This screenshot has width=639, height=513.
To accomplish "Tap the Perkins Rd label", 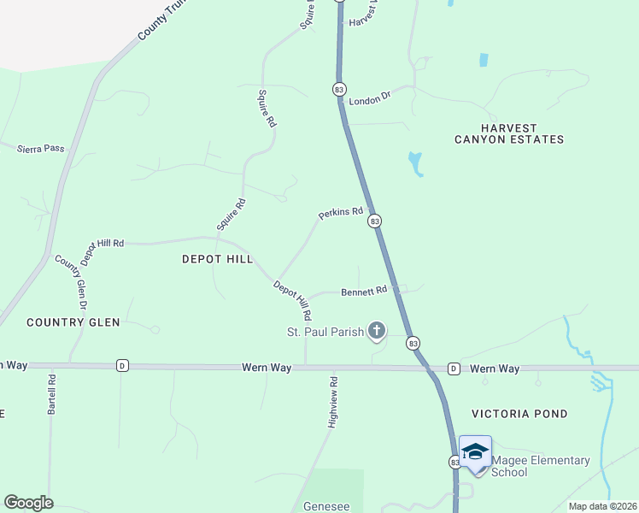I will [x=341, y=213].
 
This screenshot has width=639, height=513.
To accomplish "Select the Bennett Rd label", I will [x=364, y=291].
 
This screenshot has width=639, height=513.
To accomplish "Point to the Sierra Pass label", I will [x=41, y=148].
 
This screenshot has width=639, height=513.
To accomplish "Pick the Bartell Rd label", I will [x=52, y=393].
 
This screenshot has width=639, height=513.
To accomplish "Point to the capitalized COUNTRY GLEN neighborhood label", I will [x=73, y=322].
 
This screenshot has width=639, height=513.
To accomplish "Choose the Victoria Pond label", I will [x=519, y=414].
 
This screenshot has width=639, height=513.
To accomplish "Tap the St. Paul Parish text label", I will [x=324, y=332].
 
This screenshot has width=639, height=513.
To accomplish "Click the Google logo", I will [x=28, y=503].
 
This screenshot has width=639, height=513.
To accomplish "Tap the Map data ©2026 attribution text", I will [x=601, y=506].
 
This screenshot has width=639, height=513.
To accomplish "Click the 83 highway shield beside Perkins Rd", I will [x=374, y=221].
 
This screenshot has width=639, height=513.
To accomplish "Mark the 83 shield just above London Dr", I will [x=339, y=89].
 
